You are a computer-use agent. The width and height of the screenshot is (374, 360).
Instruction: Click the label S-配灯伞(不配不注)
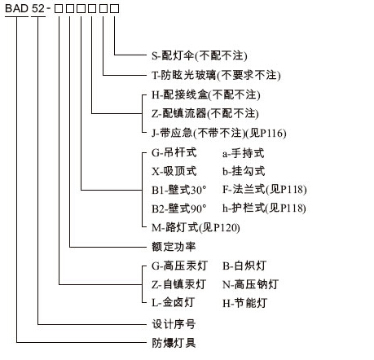click(x=200, y=56)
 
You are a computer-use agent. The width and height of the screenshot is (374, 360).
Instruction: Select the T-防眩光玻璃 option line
click(x=216, y=75)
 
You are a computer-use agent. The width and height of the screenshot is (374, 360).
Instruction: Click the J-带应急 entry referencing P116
click(x=219, y=133)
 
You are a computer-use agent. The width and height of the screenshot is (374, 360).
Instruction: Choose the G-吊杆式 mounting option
click(x=174, y=153)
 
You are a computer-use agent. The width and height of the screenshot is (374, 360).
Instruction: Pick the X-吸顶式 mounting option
click(x=174, y=171)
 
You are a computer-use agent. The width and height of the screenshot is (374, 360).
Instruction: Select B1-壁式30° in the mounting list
click(x=179, y=190)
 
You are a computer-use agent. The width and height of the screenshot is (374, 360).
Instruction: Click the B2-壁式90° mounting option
click(x=179, y=209)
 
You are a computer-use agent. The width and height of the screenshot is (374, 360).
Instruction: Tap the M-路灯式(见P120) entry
click(x=196, y=227)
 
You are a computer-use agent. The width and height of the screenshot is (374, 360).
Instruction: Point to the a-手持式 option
click(x=244, y=153)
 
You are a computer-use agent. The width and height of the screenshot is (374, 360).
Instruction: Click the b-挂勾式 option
click(x=244, y=171)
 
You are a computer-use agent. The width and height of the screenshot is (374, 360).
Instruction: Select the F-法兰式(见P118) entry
click(x=265, y=189)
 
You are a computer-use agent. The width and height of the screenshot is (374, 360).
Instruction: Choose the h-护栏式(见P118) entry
click(x=264, y=209)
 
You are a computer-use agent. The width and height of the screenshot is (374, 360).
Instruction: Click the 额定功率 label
click(x=174, y=247)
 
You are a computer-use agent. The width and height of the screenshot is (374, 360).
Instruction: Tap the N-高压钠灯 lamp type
click(x=250, y=284)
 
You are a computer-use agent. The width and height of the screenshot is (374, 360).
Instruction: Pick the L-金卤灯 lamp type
click(x=173, y=303)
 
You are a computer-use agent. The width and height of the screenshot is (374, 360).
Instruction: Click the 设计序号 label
click(x=174, y=324)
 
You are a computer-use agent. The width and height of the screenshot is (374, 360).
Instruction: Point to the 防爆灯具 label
click(x=174, y=343)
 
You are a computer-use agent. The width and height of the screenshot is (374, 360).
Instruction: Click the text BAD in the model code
click(x=17, y=8)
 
